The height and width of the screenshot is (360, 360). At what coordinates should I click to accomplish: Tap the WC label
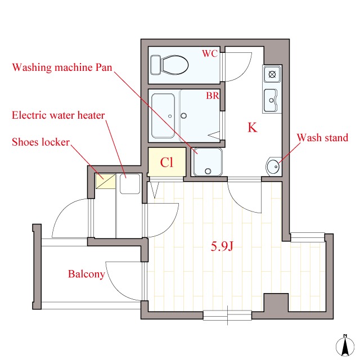click(x=210, y=54)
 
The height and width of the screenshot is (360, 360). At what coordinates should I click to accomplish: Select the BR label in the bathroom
click(x=212, y=96)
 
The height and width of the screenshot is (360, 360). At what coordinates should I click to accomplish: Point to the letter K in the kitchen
click(x=253, y=128)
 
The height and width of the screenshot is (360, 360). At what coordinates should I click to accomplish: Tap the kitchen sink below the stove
click(x=271, y=100)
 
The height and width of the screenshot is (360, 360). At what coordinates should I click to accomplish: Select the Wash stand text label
click(x=322, y=138)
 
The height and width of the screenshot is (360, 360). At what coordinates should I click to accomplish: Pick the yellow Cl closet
click(x=166, y=163)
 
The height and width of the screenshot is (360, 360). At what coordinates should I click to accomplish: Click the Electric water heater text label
click(x=58, y=116)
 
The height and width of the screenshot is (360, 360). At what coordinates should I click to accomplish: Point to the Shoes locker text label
click(x=40, y=142)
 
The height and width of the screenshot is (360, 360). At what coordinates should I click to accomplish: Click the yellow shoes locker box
click(x=105, y=182)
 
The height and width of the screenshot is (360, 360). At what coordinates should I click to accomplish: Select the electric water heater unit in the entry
click(x=129, y=184)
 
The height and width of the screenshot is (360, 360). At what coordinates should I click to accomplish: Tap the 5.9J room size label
click(x=222, y=246)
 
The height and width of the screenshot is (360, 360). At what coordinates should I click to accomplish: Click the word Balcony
click(x=86, y=274)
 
